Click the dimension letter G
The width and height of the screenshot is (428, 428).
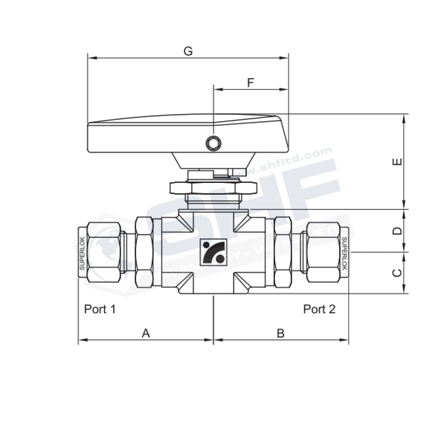[188, 51]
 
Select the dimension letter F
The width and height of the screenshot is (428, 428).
[251, 83]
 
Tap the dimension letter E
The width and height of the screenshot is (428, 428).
[398, 162]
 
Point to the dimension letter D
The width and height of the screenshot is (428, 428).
[398, 231]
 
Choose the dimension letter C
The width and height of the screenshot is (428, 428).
[398, 273]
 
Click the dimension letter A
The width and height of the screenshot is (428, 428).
[146, 333]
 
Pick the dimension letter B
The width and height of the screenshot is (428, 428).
[280, 333]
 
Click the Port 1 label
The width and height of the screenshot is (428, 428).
[100, 309]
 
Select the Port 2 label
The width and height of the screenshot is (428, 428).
[319, 309]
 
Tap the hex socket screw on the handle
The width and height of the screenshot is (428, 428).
[213, 143]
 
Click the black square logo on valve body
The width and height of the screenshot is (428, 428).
[213, 252]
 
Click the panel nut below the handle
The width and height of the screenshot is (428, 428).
[213, 187]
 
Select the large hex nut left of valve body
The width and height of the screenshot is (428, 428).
[144, 252]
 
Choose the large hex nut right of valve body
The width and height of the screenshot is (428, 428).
[282, 252]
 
